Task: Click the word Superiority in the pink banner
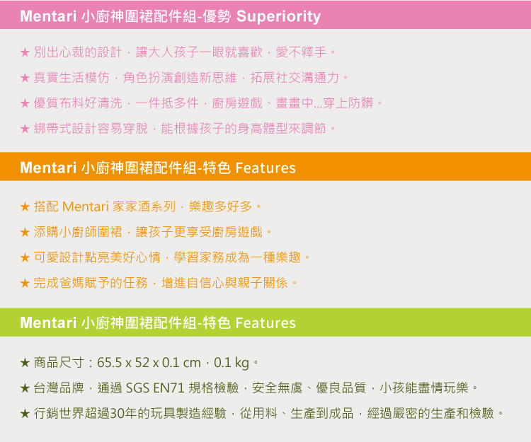278,16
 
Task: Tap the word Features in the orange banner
265,168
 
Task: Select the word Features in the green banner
265,322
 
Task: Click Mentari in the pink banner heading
48,16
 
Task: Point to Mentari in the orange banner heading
48,168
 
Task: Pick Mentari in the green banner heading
48,322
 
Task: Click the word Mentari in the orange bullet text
86,207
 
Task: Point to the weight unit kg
242,364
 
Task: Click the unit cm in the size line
192,364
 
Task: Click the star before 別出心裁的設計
25,52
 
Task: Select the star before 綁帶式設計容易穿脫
25,129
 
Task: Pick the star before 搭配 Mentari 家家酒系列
25,207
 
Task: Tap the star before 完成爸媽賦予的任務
25,283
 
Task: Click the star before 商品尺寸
25,363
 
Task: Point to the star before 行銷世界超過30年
25,413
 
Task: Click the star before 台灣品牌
25,388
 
